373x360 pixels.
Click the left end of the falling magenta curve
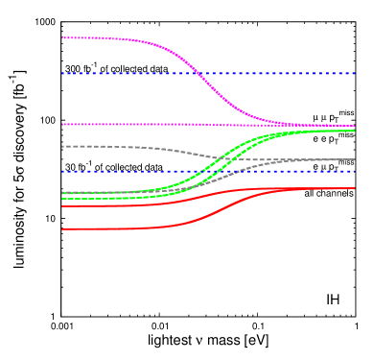click(62, 38)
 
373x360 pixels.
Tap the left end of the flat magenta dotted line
click(62, 124)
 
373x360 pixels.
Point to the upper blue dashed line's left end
click(62, 73)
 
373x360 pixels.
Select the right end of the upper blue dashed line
click(355, 73)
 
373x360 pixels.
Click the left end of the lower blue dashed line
click(62, 171)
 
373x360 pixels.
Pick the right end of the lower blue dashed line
click(355, 171)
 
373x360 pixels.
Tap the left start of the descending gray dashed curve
click(62, 146)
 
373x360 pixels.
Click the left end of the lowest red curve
click(62, 229)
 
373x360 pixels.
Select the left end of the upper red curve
click(62, 206)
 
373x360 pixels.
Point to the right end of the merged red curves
click(355, 188)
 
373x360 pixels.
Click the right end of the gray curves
click(355, 159)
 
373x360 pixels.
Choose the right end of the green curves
click(355, 131)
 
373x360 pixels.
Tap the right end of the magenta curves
click(355, 126)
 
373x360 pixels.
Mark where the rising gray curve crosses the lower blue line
click(233, 171)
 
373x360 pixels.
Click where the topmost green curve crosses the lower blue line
click(203, 171)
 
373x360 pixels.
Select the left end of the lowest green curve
click(62, 199)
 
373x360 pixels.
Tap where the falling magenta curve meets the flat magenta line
click(307, 125)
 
